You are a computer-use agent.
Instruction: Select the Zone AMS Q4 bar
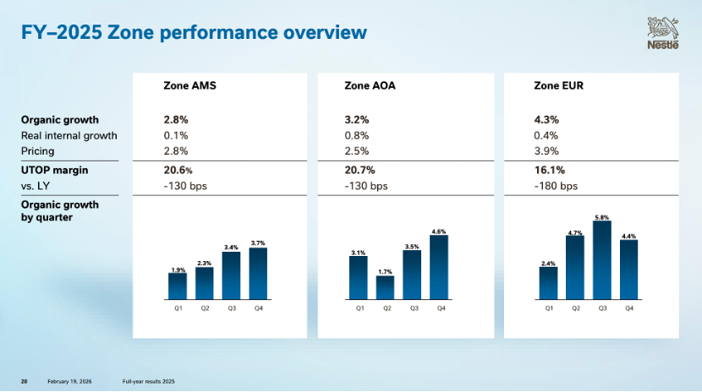(x=259, y=274)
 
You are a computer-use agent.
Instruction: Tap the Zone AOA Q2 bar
(x=387, y=287)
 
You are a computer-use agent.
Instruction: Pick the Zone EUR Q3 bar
(x=602, y=260)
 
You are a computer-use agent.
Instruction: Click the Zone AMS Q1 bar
(x=178, y=286)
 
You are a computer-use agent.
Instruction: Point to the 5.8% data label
(x=602, y=217)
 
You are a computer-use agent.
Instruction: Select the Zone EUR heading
(x=558, y=85)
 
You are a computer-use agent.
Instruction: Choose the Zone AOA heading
(x=370, y=85)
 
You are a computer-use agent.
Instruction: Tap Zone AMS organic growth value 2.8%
(x=176, y=119)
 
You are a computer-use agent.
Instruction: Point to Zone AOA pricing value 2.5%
(x=358, y=151)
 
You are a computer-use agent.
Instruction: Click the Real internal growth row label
(x=69, y=135)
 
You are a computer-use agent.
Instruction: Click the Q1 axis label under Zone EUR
(x=548, y=309)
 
